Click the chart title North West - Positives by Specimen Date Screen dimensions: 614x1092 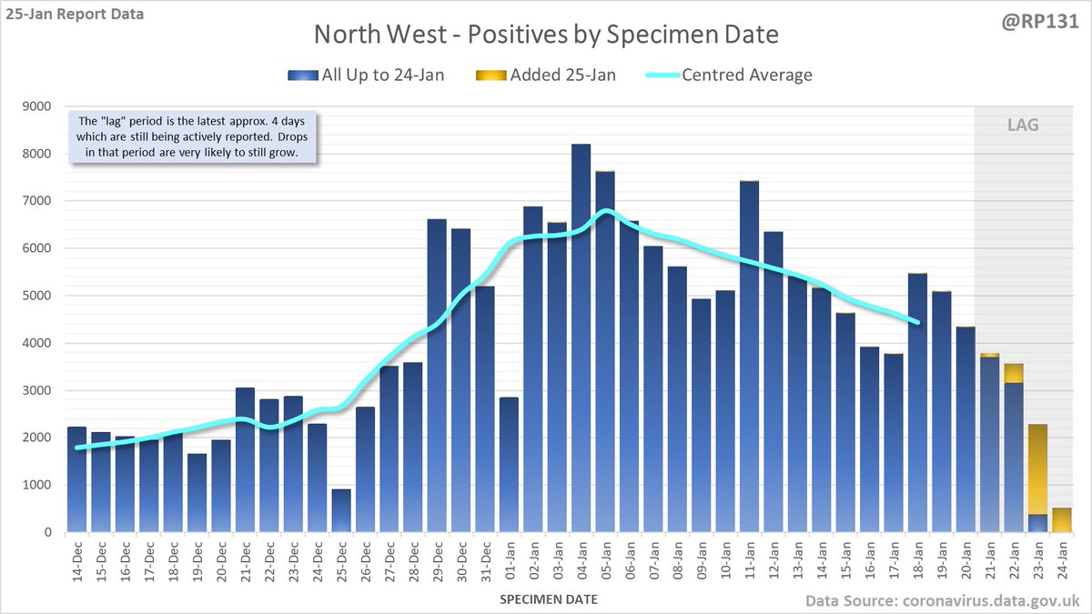[x=546, y=35]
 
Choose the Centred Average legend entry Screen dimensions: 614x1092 [x=733, y=75]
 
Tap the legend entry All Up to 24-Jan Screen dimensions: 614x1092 [x=369, y=75]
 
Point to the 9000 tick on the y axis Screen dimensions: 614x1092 [x=40, y=106]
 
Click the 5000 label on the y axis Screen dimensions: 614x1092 [x=40, y=296]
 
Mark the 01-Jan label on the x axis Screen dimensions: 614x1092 [x=510, y=560]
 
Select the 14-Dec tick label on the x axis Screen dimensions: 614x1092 [x=77, y=560]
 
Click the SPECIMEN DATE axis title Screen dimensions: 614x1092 [x=548, y=599]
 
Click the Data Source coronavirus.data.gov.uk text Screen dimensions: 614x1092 [x=944, y=600]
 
